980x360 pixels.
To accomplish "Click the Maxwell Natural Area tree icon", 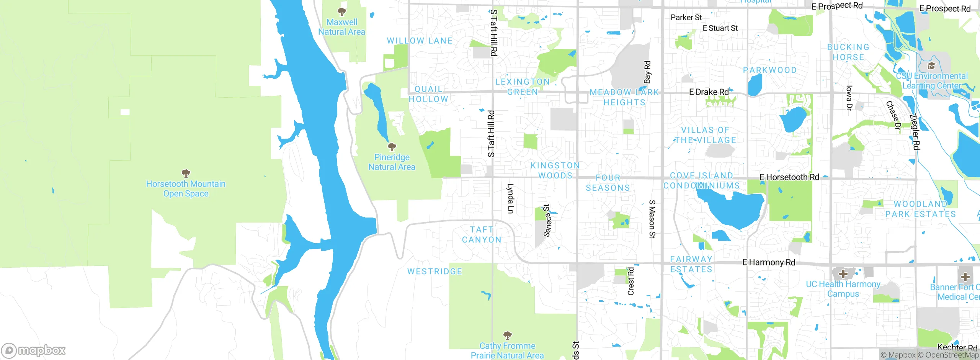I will [341, 12].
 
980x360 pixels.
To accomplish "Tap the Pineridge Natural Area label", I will [392, 162].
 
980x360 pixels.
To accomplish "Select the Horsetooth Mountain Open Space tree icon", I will [186, 173].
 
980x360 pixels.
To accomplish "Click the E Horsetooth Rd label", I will [789, 177].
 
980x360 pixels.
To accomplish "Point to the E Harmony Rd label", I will [769, 262].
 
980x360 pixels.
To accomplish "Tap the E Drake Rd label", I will [709, 92].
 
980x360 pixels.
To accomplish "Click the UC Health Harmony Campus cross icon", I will [843, 274].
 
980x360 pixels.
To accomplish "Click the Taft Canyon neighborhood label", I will [482, 235].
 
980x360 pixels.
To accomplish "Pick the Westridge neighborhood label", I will [435, 272].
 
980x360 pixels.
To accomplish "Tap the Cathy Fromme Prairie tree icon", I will [508, 336].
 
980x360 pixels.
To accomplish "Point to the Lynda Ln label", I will [510, 198].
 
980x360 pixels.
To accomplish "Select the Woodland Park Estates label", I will [920, 209].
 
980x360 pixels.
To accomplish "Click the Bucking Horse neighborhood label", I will [848, 52].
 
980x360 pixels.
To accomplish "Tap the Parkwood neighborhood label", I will [770, 70].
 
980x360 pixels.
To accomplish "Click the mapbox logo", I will [34, 350].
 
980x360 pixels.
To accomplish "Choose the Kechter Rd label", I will [957, 347].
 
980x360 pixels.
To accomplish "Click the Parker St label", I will [686, 18].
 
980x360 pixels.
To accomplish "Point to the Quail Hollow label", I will [428, 94].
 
